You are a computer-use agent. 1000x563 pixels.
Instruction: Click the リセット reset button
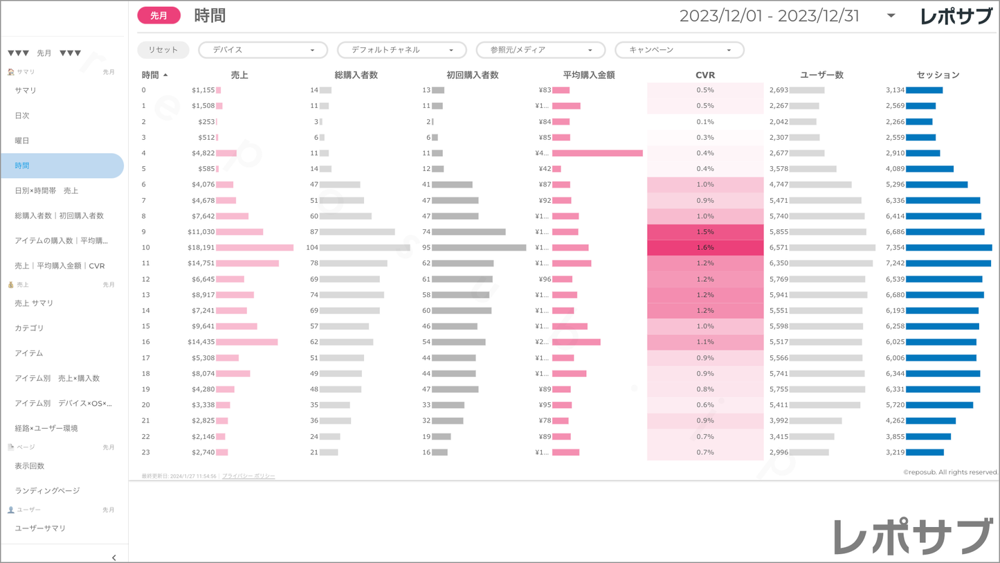coord(163,50)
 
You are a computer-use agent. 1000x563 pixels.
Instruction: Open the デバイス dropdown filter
coord(262,50)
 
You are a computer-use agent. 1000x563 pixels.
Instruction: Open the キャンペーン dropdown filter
coord(679,50)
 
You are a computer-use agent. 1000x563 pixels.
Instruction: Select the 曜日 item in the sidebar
coord(22,141)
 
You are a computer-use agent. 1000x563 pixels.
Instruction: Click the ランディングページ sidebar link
coord(47,491)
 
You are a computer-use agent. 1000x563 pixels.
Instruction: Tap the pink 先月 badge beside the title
coord(158,15)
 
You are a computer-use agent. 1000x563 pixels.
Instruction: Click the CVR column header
coord(704,75)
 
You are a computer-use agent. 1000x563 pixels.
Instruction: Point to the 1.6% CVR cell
coord(704,247)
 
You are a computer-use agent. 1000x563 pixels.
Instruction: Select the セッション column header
coord(938,75)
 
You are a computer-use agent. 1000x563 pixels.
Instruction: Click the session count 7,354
coord(895,247)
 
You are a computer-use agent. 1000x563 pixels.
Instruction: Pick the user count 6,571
coord(778,247)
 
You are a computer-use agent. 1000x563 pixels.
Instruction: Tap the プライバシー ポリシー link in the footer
coord(248,476)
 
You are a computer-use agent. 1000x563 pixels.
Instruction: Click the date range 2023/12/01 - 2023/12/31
coord(769,16)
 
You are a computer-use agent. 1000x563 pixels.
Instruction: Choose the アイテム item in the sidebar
coord(29,353)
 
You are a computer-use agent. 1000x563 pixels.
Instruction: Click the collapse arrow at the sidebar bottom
coord(114,557)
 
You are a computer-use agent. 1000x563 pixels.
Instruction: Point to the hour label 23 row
coord(146,452)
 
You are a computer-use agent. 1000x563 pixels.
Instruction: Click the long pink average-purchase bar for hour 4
coord(597,153)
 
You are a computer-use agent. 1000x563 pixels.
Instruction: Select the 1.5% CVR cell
coord(704,232)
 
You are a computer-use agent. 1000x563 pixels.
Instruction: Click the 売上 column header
coord(239,75)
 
